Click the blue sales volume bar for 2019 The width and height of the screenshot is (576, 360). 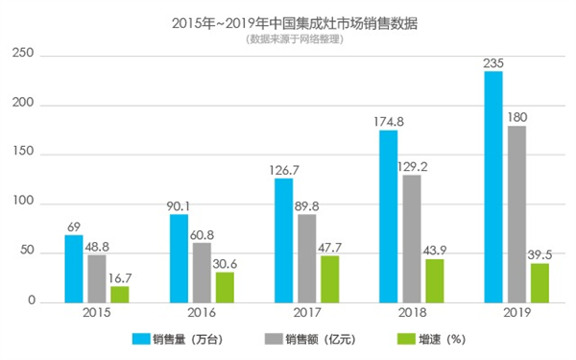point(492,187)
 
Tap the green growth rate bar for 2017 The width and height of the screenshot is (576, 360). point(329,278)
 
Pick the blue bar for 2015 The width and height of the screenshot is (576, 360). point(74,269)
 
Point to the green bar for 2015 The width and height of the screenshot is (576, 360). point(119,294)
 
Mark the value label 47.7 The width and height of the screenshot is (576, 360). point(329,247)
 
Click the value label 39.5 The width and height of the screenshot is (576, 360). point(539,254)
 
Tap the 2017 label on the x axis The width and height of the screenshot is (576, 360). point(306,314)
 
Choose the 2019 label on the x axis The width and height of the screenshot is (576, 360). point(516,314)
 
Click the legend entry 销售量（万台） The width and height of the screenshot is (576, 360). point(188,339)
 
